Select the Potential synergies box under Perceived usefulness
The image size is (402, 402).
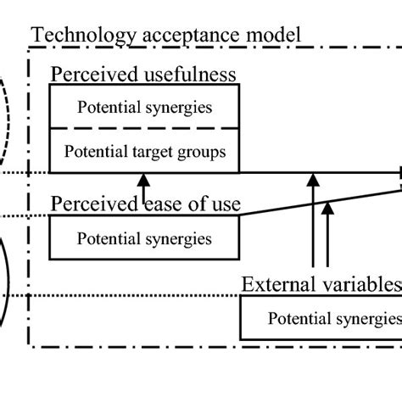pyautogui.click(x=145, y=108)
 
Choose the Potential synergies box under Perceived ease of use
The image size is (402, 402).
pyautogui.click(x=145, y=238)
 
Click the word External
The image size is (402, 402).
pyautogui.click(x=276, y=283)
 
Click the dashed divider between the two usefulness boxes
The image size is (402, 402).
pyautogui.click(x=145, y=129)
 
